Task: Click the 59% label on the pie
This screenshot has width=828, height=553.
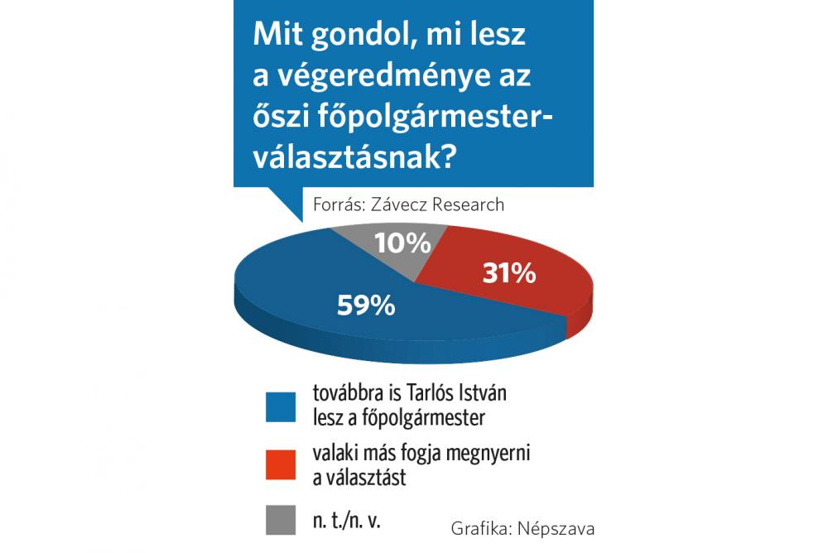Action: point(365,305)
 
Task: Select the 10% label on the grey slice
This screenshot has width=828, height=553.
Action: point(402,243)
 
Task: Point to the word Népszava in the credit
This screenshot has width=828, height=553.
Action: point(559,527)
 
